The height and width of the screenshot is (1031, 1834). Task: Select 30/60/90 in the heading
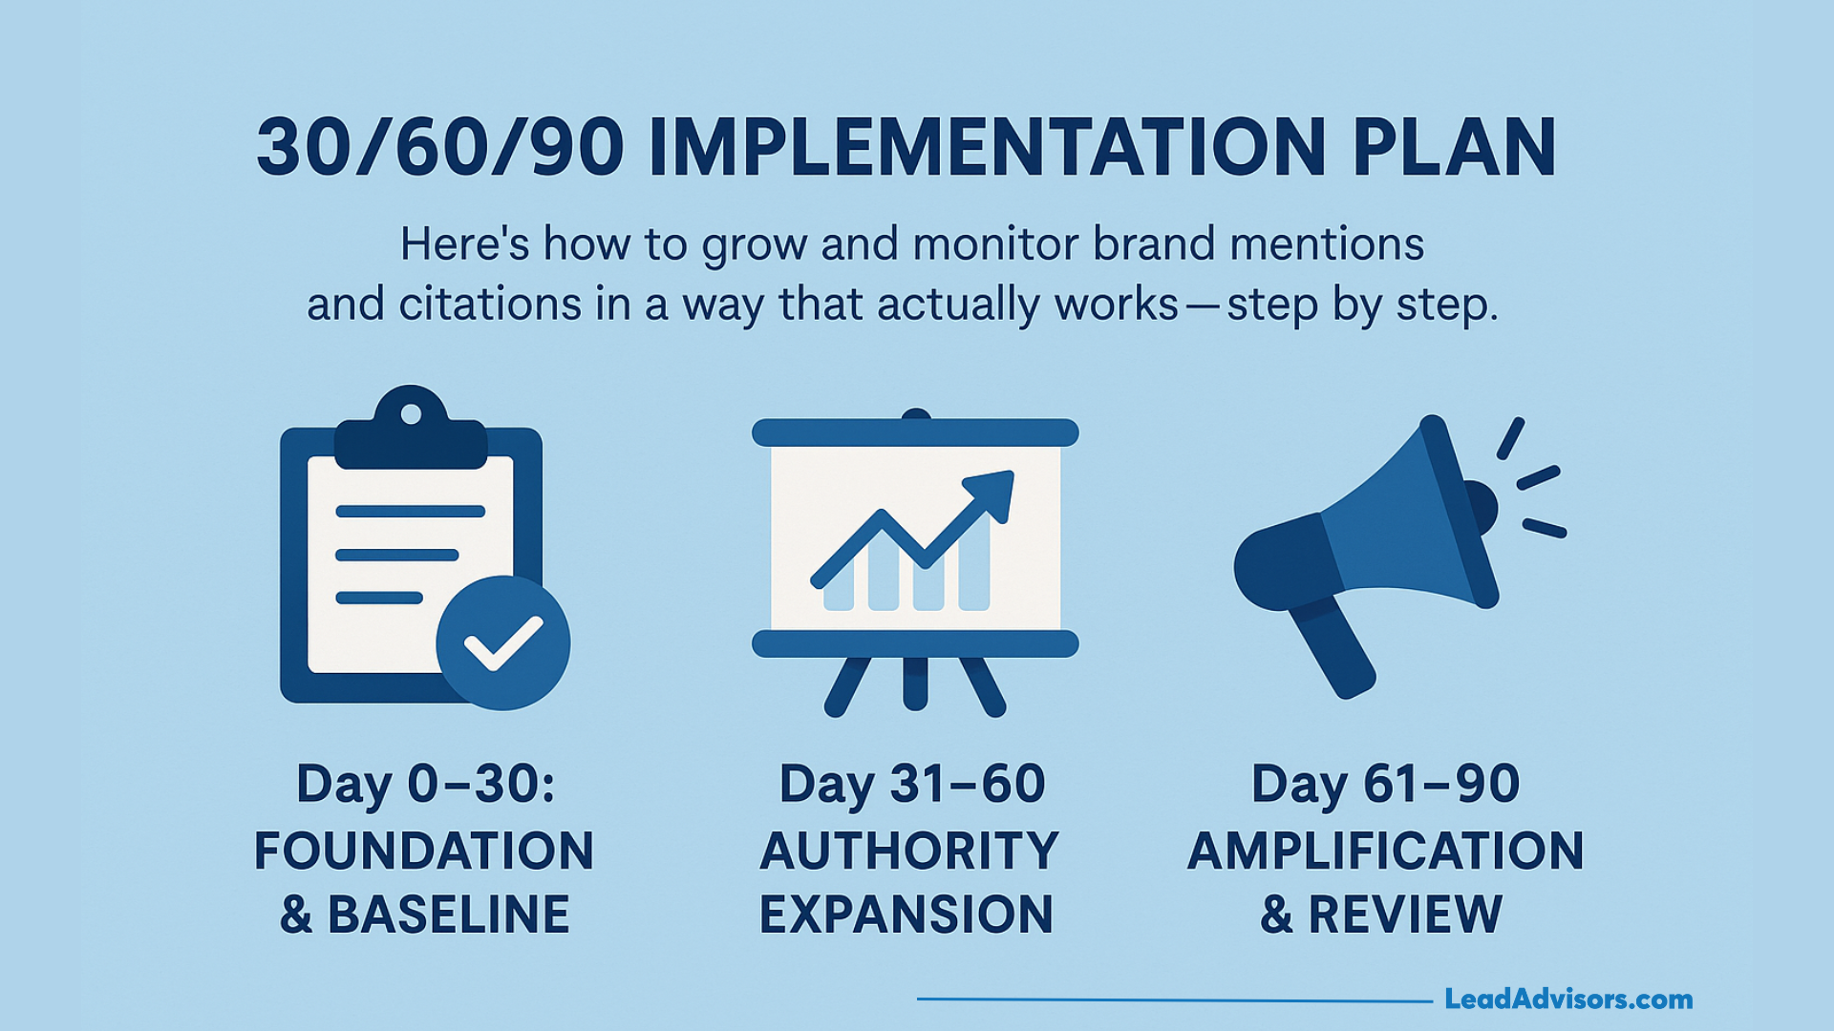(x=440, y=149)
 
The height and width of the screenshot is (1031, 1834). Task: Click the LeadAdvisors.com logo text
(x=1567, y=999)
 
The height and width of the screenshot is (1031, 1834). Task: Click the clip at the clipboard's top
(x=411, y=430)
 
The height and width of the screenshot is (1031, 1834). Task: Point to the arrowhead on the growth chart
(x=993, y=491)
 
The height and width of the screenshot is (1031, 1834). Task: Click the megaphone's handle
(x=1333, y=649)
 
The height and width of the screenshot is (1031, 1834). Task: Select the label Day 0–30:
(x=425, y=785)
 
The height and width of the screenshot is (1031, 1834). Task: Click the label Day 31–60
(x=912, y=785)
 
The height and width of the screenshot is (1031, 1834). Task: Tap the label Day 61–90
(x=1385, y=785)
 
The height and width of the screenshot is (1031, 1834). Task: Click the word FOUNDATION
(x=424, y=851)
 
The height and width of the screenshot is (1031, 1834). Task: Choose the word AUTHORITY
(x=909, y=851)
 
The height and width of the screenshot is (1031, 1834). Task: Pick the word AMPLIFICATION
(x=1385, y=851)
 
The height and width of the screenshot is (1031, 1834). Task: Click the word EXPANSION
(x=906, y=915)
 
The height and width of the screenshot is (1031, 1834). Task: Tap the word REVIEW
(x=1405, y=915)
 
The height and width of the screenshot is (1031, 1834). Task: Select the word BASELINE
(x=448, y=915)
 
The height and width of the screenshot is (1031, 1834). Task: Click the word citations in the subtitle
(x=490, y=305)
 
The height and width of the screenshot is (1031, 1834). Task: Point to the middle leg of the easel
(x=915, y=683)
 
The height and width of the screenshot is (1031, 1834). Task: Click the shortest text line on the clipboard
(x=379, y=599)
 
